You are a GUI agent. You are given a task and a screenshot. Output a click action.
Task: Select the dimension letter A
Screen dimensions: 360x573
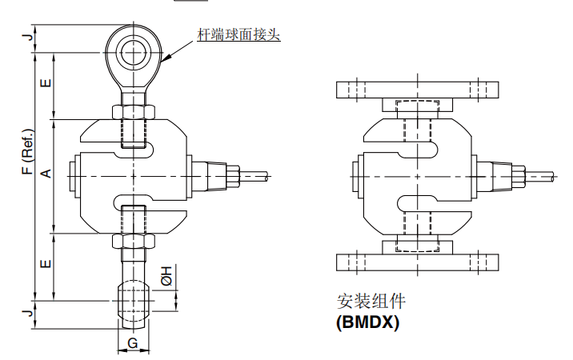[x=46, y=174]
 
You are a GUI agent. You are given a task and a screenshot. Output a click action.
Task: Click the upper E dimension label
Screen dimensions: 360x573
[x=46, y=82]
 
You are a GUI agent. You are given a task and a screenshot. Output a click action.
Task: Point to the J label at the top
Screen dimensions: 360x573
[x=27, y=37]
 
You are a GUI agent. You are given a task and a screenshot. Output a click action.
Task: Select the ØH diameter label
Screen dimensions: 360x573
[x=166, y=274]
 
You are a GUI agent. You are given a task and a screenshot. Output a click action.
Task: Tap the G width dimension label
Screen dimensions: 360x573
[x=133, y=344]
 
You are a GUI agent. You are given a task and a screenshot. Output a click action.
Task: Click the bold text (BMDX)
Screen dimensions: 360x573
[x=367, y=323]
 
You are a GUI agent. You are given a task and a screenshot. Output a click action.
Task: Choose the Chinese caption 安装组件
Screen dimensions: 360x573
[x=371, y=302]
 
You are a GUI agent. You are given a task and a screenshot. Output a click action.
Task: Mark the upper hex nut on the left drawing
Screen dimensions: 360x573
[x=133, y=112]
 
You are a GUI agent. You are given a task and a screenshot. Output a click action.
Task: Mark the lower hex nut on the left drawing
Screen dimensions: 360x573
[x=133, y=239]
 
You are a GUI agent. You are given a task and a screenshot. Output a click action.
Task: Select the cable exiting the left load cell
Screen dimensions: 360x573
[x=256, y=174]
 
